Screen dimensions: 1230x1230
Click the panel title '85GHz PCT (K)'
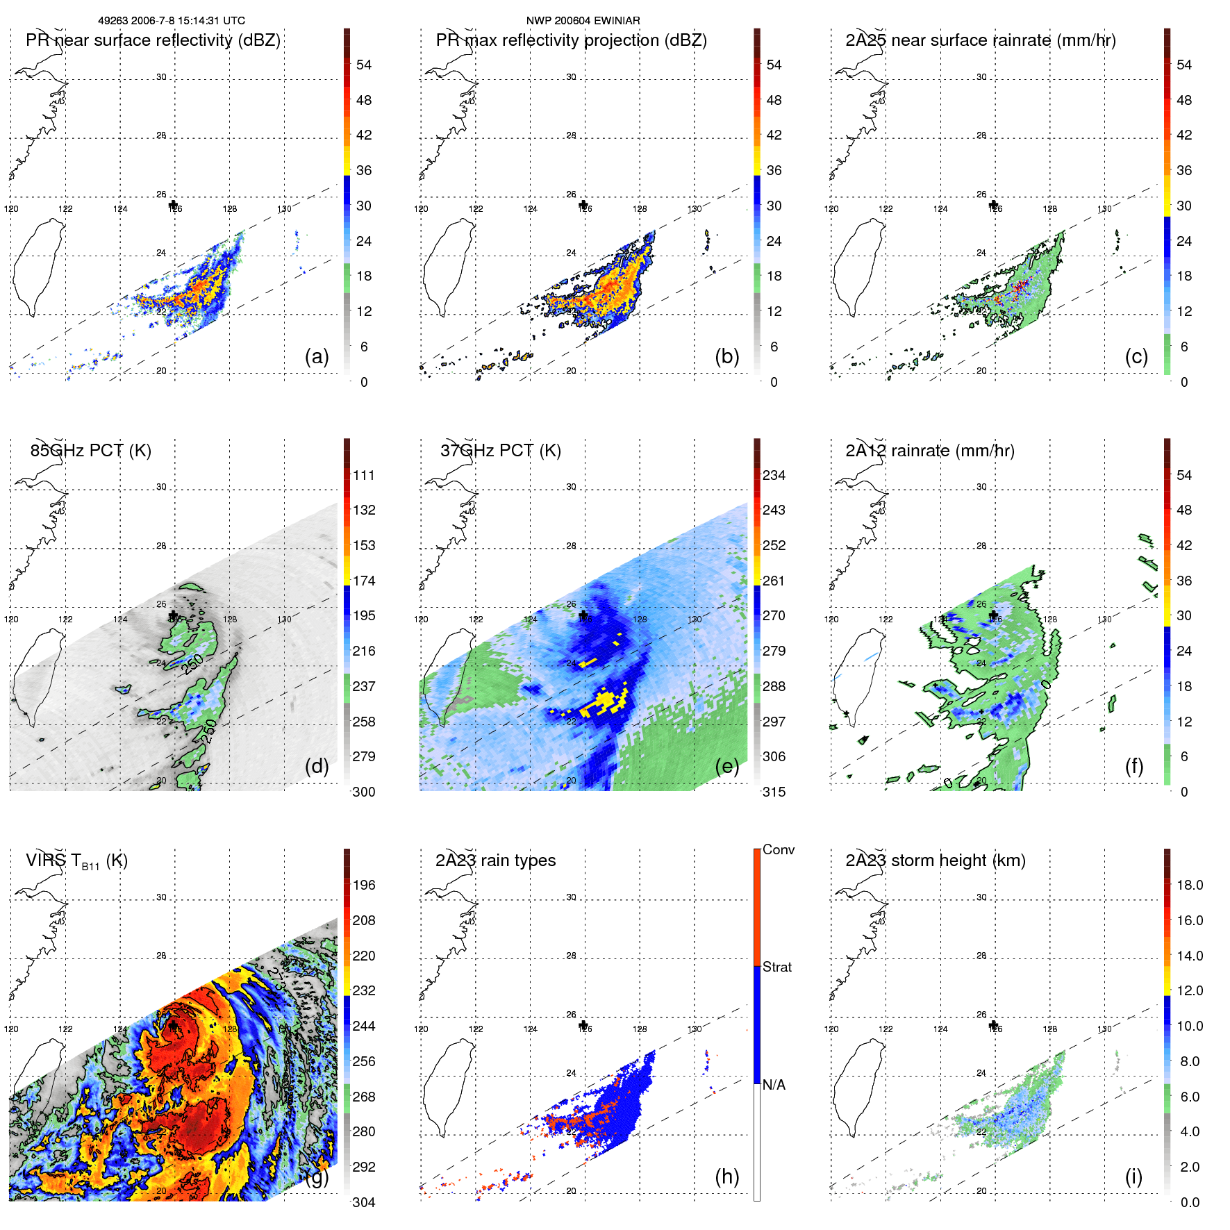(x=90, y=450)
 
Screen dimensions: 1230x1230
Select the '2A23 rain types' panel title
(x=495, y=860)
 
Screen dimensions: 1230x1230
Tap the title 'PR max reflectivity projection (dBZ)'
(x=571, y=40)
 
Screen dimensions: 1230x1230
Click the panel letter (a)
(x=317, y=356)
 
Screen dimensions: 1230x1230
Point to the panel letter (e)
(x=726, y=766)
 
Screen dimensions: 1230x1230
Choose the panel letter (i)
(x=1133, y=1177)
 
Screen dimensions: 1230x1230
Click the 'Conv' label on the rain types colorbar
(x=779, y=849)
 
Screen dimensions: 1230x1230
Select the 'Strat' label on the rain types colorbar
(x=777, y=967)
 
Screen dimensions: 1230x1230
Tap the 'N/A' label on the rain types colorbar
(x=774, y=1085)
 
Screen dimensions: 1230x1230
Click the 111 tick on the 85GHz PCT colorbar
(x=364, y=475)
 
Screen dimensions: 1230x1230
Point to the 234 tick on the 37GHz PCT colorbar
(x=774, y=475)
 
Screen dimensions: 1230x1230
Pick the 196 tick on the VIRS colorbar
(x=364, y=885)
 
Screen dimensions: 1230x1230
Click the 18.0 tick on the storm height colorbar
(x=1190, y=885)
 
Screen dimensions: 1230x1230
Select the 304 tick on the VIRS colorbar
(x=364, y=1202)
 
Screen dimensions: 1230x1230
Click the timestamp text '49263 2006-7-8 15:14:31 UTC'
(x=172, y=21)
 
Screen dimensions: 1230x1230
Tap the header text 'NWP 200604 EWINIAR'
(x=583, y=21)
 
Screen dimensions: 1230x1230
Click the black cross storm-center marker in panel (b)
(x=583, y=205)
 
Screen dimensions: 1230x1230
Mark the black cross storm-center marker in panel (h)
(x=583, y=1025)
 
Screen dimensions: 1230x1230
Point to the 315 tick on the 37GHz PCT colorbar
(x=774, y=792)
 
